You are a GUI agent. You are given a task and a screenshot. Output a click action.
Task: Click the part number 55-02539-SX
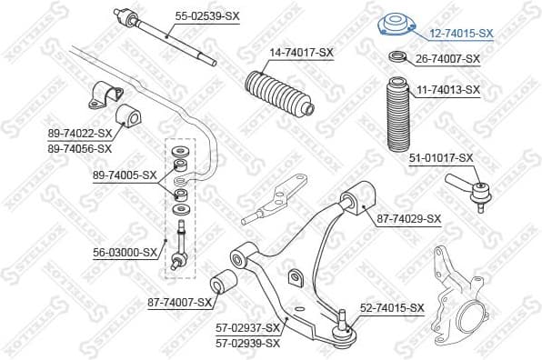(207, 16)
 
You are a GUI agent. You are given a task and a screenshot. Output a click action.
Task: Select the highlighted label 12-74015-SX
(460, 33)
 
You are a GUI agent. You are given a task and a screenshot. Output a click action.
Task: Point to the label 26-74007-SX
(447, 59)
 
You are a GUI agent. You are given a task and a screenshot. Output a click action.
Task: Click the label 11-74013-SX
(448, 90)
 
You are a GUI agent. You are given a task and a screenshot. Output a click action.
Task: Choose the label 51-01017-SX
(441, 157)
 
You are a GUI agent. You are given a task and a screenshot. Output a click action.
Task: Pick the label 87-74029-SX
(408, 218)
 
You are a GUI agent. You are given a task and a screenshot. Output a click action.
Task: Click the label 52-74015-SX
(392, 308)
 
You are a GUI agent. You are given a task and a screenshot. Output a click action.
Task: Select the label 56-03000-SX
(125, 254)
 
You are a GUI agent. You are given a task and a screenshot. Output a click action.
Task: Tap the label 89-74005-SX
(125, 175)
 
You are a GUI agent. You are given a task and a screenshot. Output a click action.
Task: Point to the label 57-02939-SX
(246, 343)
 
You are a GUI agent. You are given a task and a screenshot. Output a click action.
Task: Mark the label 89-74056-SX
(80, 147)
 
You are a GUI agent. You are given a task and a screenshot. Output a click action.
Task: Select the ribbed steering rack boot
(279, 97)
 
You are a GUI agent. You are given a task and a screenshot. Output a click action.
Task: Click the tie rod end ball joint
(469, 191)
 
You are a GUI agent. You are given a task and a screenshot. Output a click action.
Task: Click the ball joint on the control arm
(343, 329)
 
